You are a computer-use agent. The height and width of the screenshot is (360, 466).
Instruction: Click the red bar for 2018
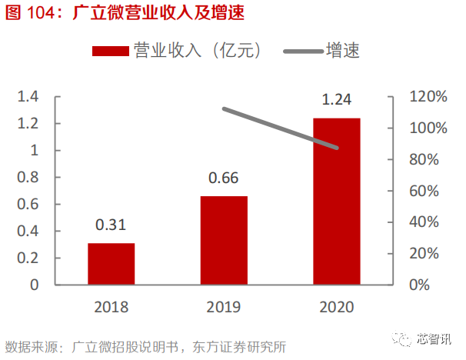(111, 264)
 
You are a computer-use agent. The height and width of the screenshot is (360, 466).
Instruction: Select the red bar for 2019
(224, 240)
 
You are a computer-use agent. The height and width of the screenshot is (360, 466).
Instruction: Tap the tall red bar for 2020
(337, 201)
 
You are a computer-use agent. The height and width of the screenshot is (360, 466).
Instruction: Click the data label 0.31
(111, 225)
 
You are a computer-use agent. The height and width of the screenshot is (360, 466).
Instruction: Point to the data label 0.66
(224, 178)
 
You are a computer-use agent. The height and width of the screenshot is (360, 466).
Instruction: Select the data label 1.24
(337, 100)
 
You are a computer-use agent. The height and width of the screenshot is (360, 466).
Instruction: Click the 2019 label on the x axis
(224, 307)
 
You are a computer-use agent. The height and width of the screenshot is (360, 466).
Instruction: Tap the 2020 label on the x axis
(337, 307)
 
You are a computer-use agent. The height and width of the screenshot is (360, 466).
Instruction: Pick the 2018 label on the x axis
(111, 307)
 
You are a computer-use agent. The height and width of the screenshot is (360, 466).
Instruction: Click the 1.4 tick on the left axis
(28, 97)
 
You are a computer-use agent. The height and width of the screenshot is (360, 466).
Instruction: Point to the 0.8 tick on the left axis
(28, 177)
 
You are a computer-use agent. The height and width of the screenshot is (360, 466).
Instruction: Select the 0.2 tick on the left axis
(28, 258)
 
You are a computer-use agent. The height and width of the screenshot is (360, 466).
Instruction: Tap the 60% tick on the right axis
(424, 191)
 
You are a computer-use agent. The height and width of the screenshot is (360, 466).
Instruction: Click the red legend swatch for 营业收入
(109, 52)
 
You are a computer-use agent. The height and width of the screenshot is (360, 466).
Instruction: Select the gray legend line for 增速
(303, 52)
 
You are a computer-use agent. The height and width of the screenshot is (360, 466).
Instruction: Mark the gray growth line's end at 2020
(337, 148)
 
